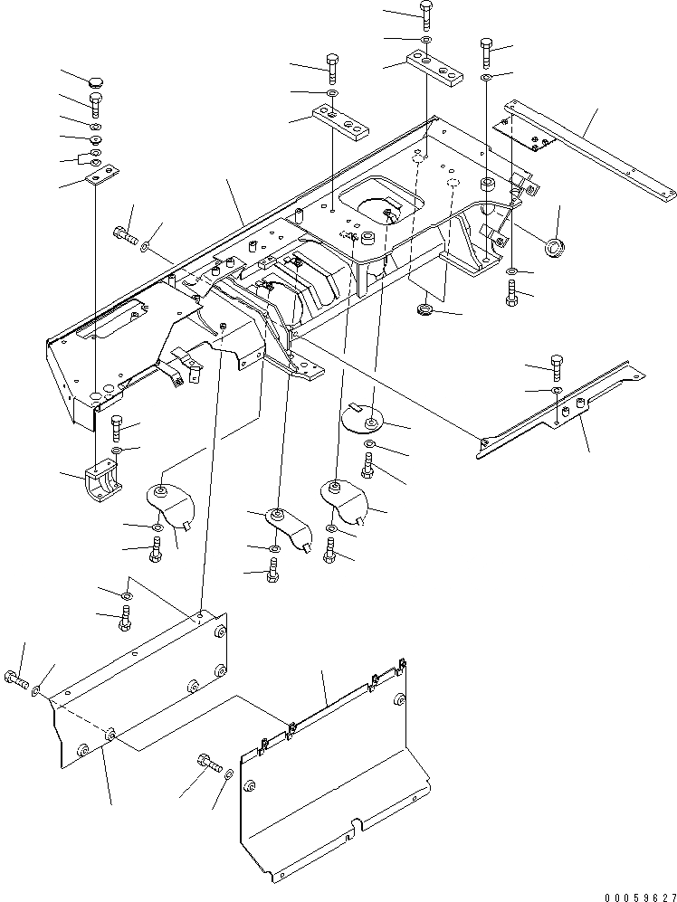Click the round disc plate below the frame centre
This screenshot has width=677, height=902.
[365, 419]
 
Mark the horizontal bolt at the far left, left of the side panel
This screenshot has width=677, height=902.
[17, 679]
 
